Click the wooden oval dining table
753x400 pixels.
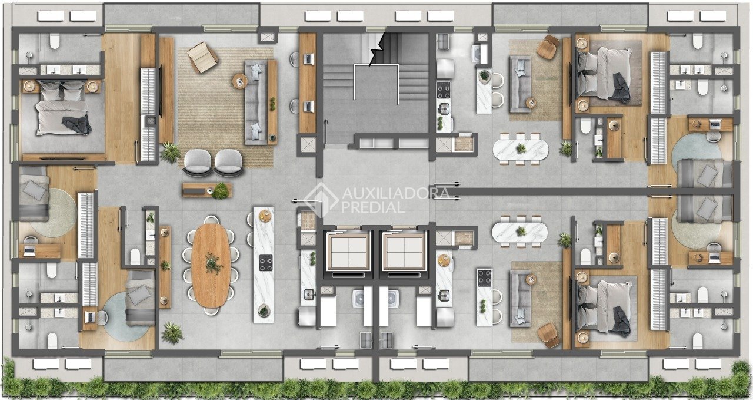click(x=211, y=266)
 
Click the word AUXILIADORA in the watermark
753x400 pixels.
click(x=395, y=193)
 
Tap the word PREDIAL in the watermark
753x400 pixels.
click(x=373, y=207)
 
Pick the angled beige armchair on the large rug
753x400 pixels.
click(x=202, y=58)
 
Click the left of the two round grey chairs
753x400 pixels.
click(x=198, y=162)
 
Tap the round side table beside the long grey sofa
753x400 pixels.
click(x=240, y=81)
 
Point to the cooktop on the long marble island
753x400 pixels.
click(x=266, y=263)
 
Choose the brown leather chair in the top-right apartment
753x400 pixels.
click(x=548, y=47)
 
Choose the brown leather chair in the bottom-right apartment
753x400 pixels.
click(x=548, y=335)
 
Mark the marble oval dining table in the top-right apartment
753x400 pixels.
click(x=521, y=149)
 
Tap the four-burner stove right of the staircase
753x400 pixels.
click(x=444, y=90)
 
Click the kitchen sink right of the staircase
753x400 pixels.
click(x=444, y=108)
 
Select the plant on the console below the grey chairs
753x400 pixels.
click(x=221, y=191)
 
